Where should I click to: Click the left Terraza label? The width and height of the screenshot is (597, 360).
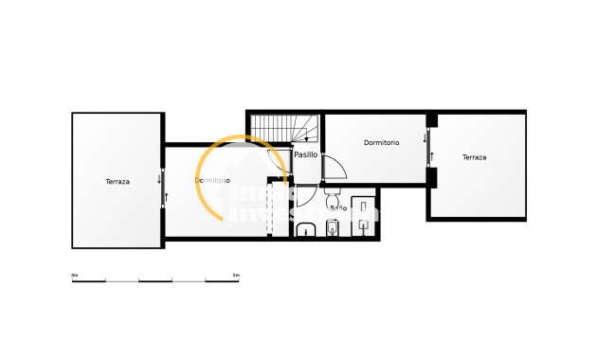tap(118, 181)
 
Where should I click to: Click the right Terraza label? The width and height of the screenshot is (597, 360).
tap(474, 157)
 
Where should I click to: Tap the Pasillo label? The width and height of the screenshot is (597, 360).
tap(306, 154)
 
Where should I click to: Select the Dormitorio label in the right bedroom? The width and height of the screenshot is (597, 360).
tap(381, 142)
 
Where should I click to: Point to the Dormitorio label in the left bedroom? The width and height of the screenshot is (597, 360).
tap(212, 180)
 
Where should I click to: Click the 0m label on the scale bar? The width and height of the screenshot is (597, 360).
tap(75, 275)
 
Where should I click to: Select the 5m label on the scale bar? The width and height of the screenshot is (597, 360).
tap(236, 275)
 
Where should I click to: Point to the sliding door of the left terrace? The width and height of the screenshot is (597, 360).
tap(165, 184)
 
